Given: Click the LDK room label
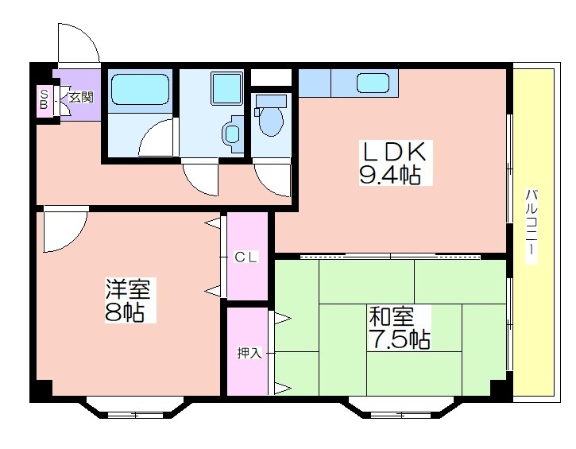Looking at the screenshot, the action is (x=395, y=151).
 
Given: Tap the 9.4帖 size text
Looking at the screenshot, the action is (x=390, y=175).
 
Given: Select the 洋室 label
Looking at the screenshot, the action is (x=128, y=288).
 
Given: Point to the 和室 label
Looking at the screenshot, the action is (x=392, y=317).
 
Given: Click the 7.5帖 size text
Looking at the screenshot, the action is (x=400, y=339).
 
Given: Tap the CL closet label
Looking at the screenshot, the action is (x=246, y=257).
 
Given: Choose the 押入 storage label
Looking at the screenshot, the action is (x=249, y=353).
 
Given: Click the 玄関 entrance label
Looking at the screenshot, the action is (x=82, y=98).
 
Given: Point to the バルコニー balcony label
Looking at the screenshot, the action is (x=532, y=226).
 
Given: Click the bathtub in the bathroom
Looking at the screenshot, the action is (x=140, y=89).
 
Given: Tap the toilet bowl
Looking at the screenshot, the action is (x=271, y=117).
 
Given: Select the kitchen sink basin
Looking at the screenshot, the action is (x=373, y=83).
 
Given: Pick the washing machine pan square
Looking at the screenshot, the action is (x=226, y=88).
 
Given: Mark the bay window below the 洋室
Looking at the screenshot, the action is (x=135, y=407).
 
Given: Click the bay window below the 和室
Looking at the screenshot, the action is (x=400, y=408).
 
